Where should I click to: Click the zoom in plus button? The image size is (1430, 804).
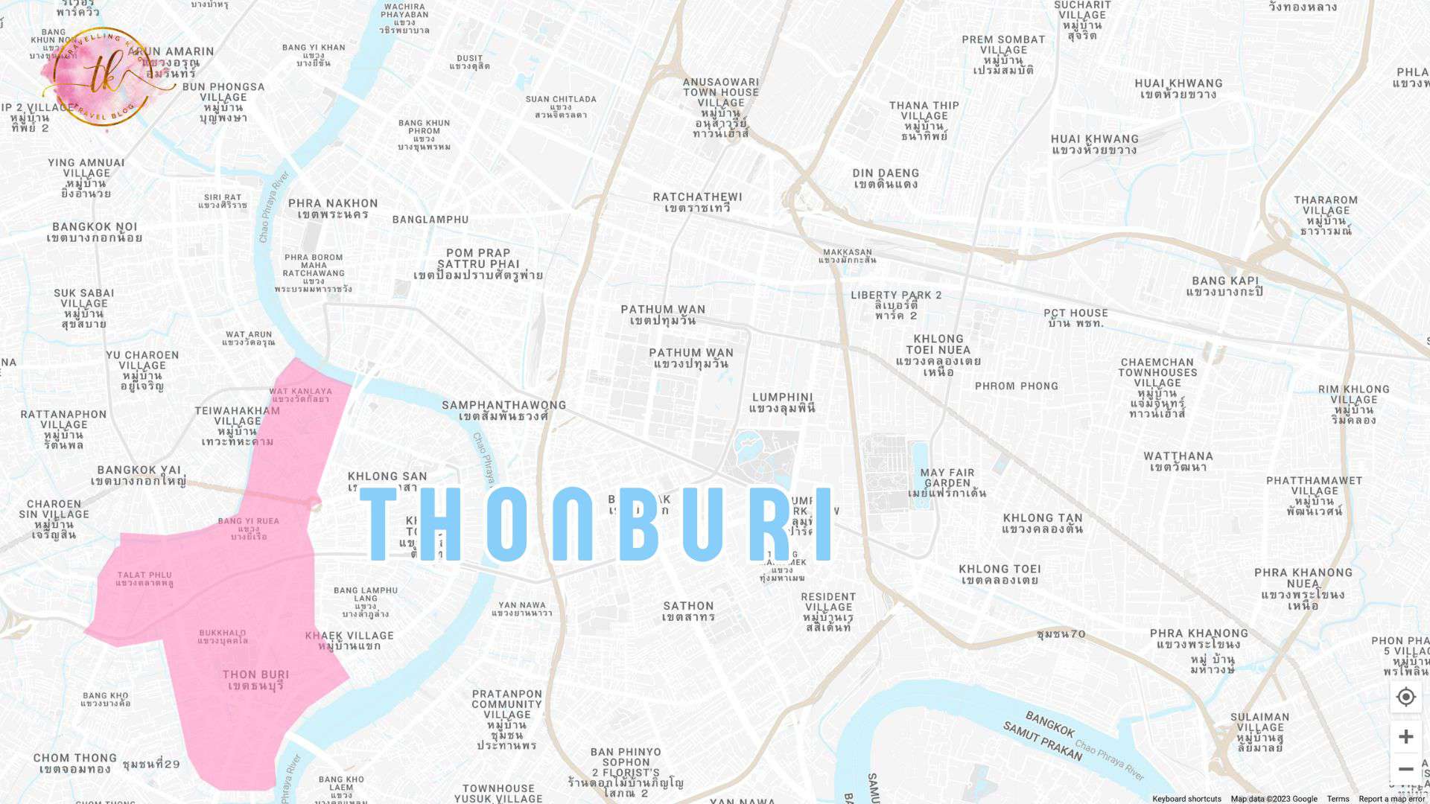coord(1405,736)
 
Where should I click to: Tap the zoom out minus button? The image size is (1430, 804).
coord(1405,769)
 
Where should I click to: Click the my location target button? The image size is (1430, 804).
coord(1405,697)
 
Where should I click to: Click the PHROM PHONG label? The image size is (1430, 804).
coord(1016,386)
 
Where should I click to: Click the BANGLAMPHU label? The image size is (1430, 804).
coord(430,220)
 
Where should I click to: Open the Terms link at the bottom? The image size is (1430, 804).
coord(1338,799)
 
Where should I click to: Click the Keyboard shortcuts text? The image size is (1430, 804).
coord(1186,799)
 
